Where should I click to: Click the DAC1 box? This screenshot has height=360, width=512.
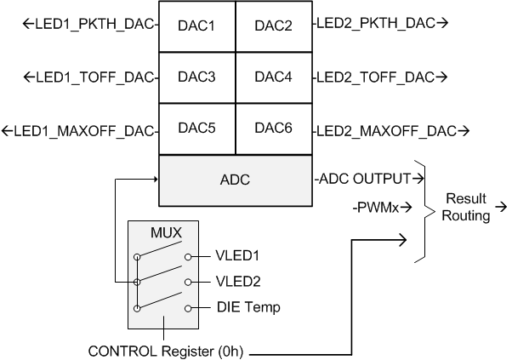196,26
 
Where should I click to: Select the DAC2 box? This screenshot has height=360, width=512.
273,26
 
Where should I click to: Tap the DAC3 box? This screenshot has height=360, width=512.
196,77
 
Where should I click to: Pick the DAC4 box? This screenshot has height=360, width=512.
273,77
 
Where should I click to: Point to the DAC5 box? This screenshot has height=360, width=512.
196,129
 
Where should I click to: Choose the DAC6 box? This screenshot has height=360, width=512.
273,129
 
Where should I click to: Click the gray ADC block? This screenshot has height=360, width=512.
235,180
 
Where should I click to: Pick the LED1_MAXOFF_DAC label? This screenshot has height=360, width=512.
80,131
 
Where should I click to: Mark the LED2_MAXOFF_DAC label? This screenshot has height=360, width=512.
392,131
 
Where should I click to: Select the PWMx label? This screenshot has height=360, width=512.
378,205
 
